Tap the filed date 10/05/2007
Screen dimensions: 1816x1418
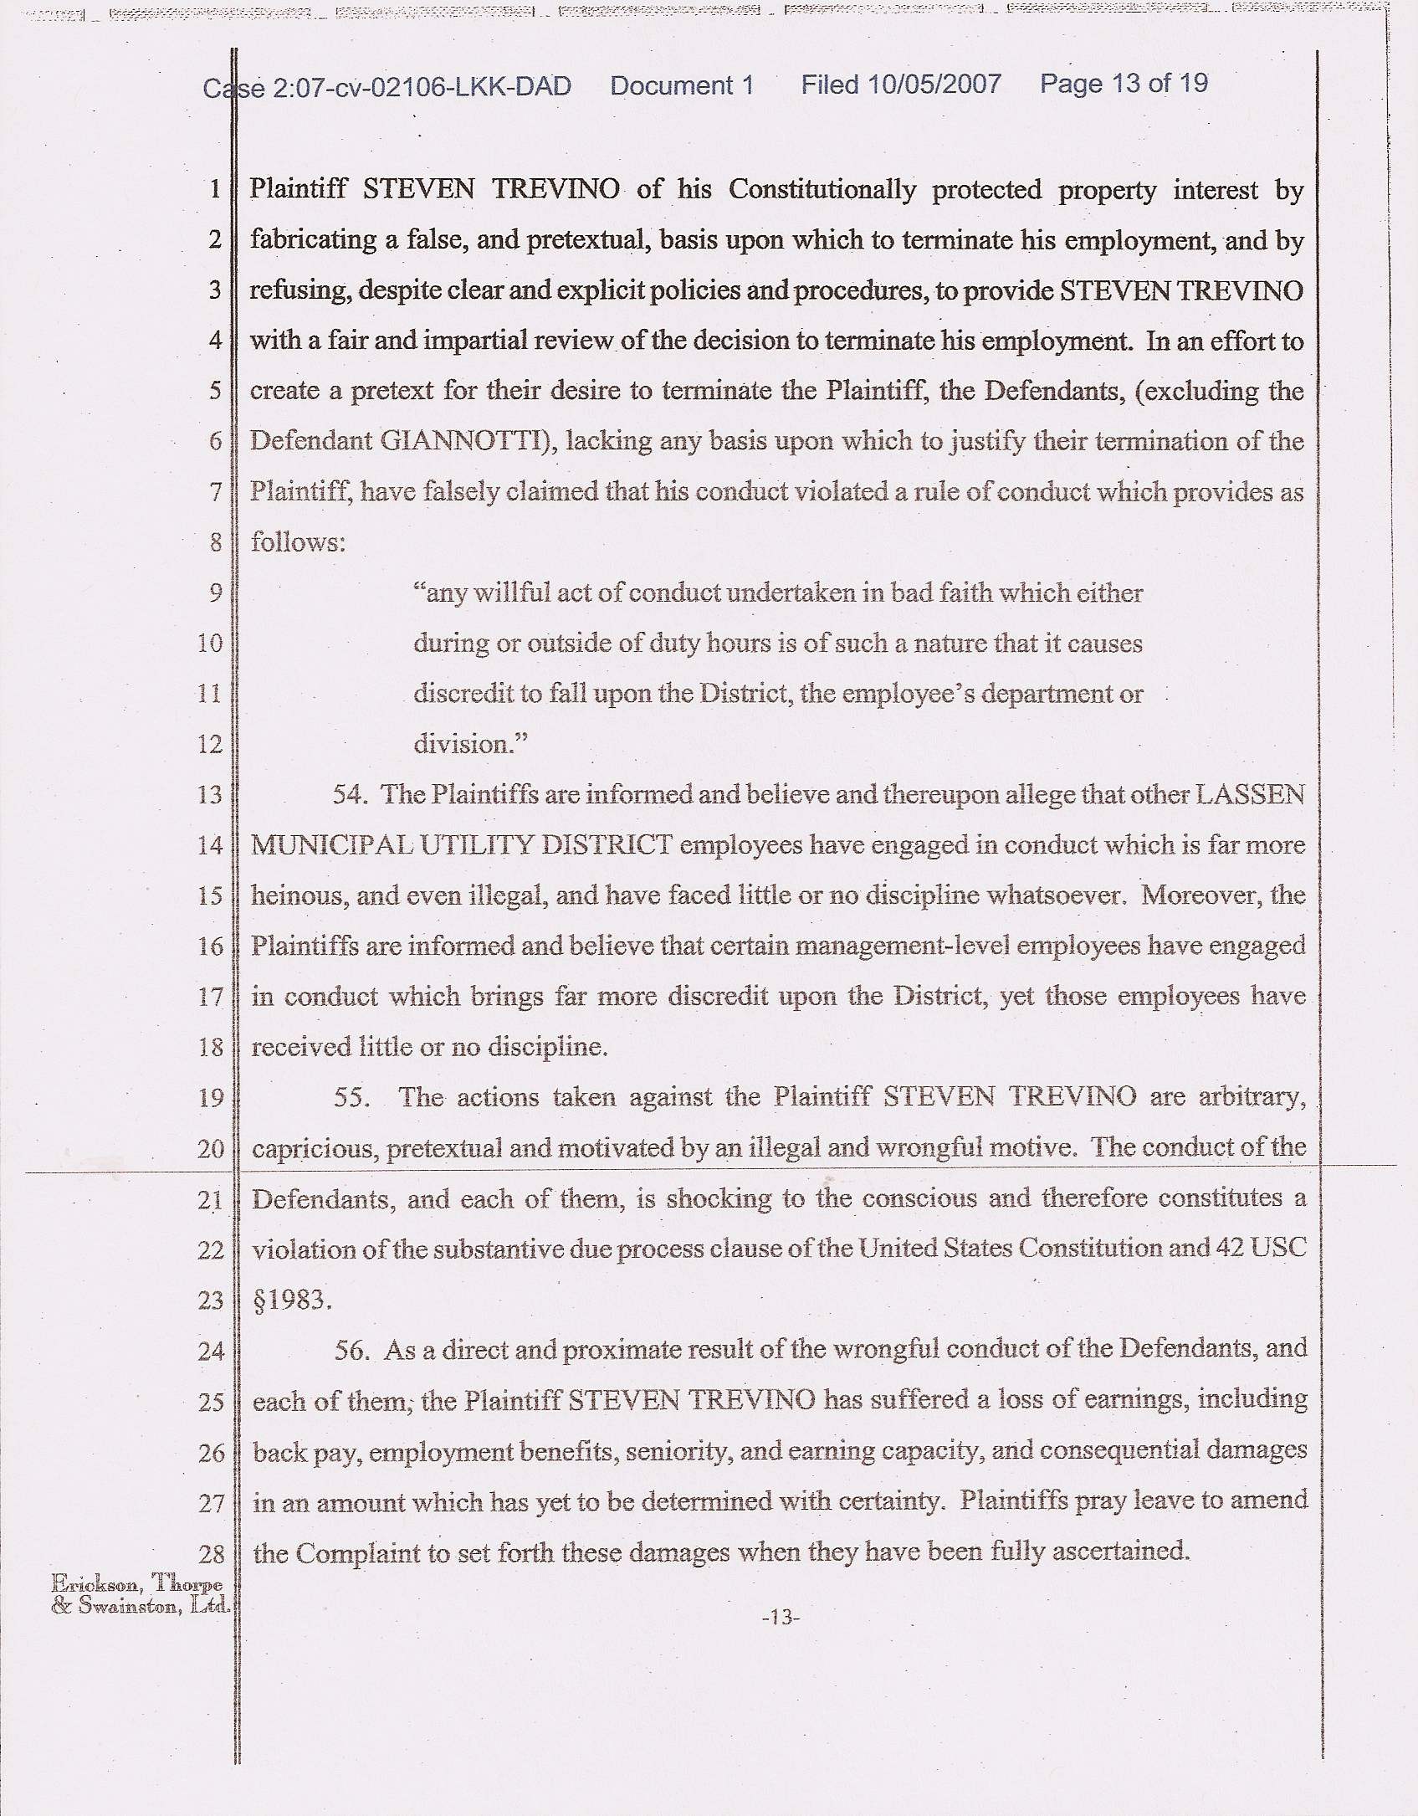click(x=934, y=85)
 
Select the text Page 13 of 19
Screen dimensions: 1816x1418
click(x=1124, y=84)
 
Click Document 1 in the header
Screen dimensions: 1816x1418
click(x=682, y=85)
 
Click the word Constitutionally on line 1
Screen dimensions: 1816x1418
click(x=822, y=189)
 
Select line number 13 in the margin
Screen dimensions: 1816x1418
click(x=210, y=794)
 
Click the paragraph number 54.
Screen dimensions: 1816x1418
click(x=350, y=794)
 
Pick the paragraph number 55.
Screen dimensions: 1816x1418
click(x=351, y=1097)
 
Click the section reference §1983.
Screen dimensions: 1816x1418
click(x=292, y=1300)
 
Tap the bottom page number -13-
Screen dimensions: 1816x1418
click(x=781, y=1618)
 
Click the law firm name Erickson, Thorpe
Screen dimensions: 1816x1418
click(x=136, y=1583)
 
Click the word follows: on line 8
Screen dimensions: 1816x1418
click(x=298, y=542)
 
